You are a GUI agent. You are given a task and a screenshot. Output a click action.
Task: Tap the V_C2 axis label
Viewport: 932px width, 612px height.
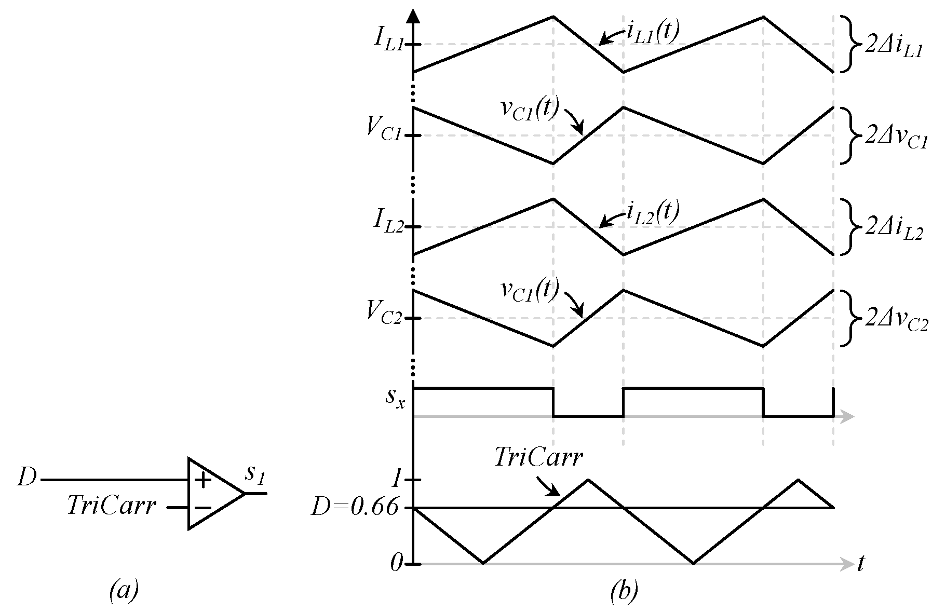click(383, 312)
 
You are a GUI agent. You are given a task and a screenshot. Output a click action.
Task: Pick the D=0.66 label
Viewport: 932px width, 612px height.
click(354, 508)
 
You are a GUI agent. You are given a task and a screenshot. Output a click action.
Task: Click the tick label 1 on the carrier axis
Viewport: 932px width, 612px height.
click(397, 480)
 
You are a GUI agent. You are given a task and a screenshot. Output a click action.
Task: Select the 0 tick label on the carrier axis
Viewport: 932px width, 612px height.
click(396, 563)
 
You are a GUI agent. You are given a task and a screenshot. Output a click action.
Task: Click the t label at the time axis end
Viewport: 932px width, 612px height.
click(861, 563)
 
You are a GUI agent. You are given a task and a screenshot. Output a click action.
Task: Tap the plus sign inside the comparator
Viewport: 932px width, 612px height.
click(203, 481)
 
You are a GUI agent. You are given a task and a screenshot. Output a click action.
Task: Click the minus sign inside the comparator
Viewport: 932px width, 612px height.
click(203, 508)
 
